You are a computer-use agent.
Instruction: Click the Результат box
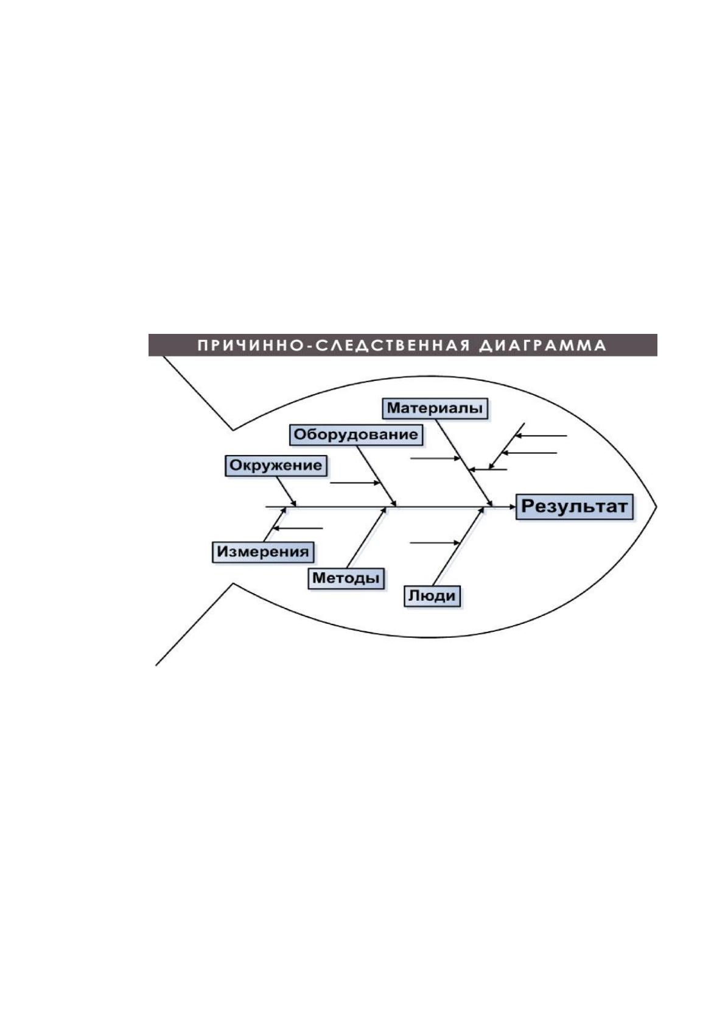(575, 506)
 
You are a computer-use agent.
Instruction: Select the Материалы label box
(435, 408)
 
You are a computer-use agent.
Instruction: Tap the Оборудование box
(355, 434)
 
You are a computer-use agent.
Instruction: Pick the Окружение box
(276, 465)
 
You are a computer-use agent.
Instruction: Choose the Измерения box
(263, 552)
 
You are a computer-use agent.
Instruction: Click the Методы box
(346, 579)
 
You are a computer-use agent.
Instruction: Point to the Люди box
(432, 596)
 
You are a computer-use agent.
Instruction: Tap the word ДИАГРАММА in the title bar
(542, 345)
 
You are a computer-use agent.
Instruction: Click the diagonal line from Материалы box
(464, 462)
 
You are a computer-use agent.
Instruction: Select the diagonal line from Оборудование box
(377, 476)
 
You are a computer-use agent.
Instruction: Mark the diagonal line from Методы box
(366, 538)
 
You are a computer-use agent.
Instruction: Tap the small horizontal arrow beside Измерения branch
(298, 528)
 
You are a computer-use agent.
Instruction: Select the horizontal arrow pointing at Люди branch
(435, 543)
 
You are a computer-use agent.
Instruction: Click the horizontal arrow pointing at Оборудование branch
(355, 483)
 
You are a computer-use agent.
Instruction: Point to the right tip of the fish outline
(656, 506)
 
